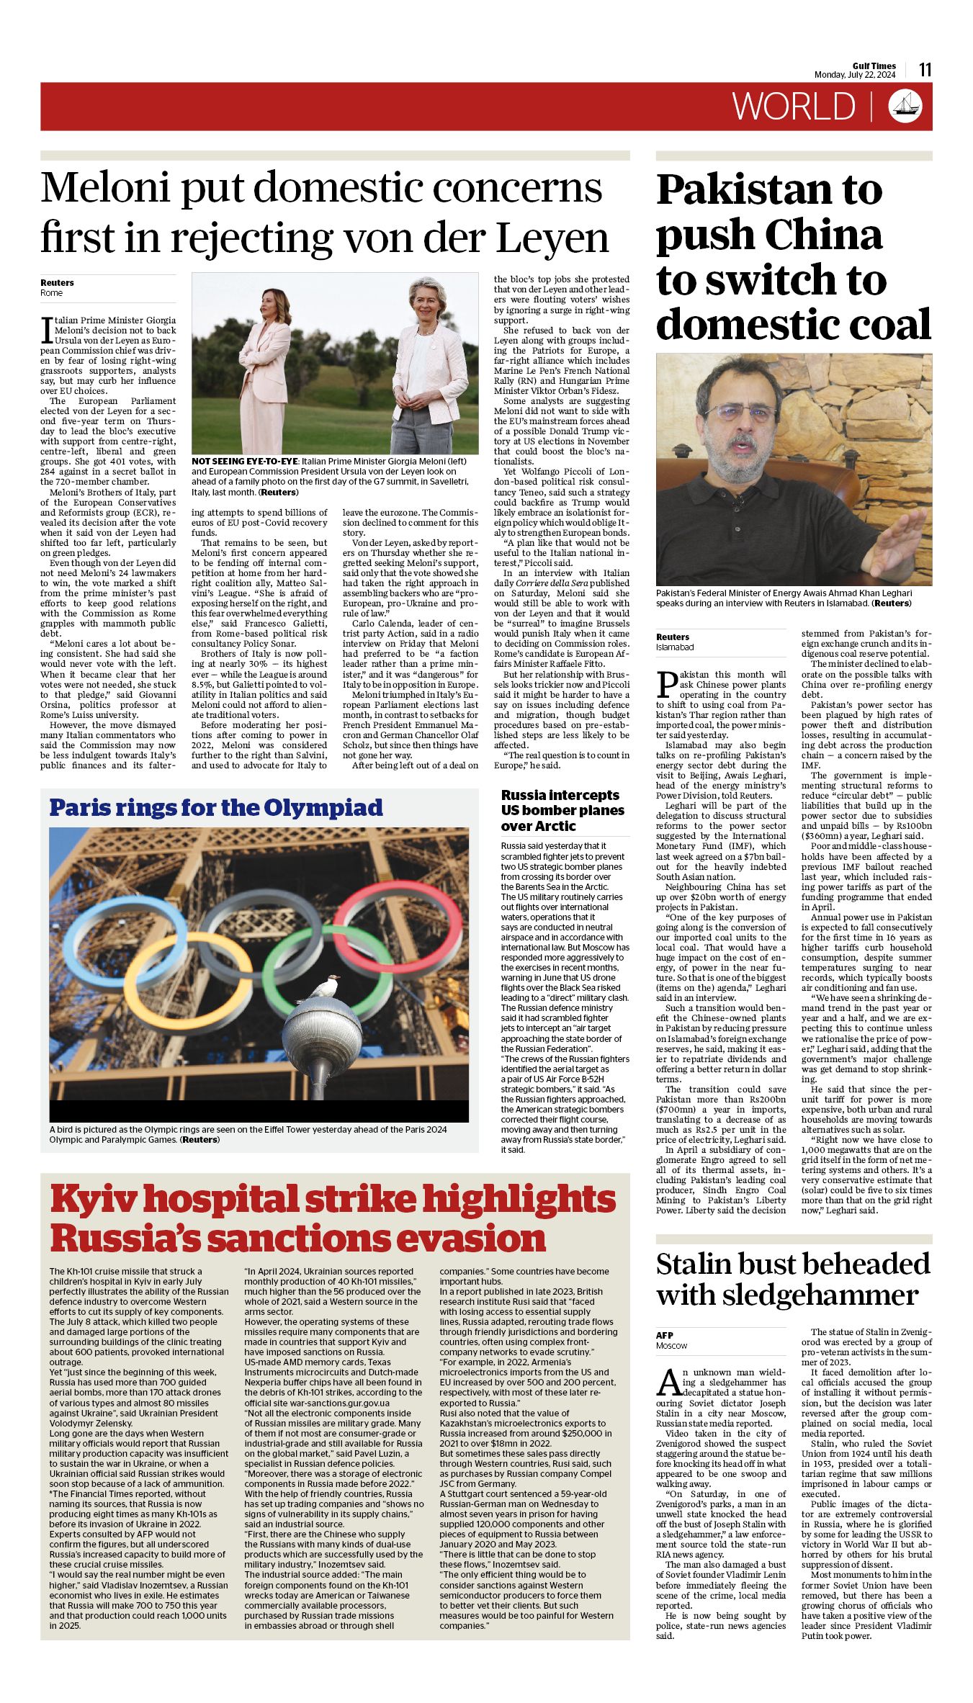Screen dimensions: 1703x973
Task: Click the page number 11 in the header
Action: click(x=925, y=70)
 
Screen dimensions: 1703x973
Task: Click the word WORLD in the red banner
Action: click(x=794, y=107)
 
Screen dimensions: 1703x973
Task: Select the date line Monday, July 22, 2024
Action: click(x=855, y=75)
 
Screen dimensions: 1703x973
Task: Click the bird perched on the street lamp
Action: click(x=322, y=987)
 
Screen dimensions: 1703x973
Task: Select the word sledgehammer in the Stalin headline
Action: click(x=820, y=1295)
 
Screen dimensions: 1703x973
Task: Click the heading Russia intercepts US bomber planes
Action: click(x=562, y=810)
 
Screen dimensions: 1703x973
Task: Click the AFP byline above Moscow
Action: click(x=665, y=1335)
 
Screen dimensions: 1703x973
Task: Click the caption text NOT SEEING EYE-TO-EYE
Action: click(x=245, y=462)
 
